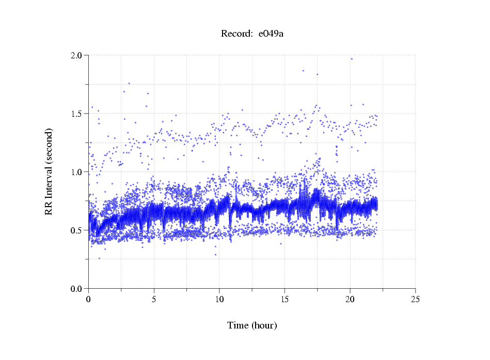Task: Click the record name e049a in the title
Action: (271, 34)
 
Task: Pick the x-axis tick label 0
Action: (88, 299)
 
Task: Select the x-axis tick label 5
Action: (154, 299)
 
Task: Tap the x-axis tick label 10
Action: (219, 299)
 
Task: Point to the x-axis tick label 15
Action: (284, 299)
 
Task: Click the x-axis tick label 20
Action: (350, 299)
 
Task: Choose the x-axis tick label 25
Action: (416, 299)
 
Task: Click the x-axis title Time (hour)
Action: (252, 326)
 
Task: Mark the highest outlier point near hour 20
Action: (352, 59)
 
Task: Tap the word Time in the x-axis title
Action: (239, 326)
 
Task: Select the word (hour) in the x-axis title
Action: (264, 326)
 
